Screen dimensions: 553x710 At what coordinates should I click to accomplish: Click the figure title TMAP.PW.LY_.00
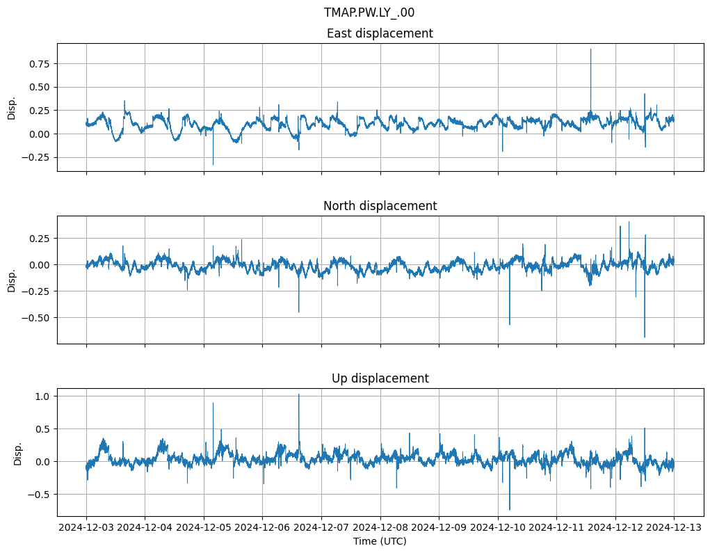tap(369, 13)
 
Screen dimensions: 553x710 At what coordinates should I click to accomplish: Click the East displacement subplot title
tap(380, 33)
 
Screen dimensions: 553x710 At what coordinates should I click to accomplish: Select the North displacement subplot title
tap(380, 206)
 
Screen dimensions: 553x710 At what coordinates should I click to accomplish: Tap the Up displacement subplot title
tap(380, 378)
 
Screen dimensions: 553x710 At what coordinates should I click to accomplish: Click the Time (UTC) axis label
tap(380, 540)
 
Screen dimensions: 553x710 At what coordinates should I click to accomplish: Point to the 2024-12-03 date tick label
tap(86, 527)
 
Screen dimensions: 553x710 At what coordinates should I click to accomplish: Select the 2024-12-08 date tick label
tap(380, 527)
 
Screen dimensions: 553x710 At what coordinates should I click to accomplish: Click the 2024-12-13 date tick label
tap(674, 527)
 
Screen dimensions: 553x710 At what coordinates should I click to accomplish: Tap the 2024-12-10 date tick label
tap(498, 527)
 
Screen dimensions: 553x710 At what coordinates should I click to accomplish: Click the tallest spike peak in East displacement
tap(590, 49)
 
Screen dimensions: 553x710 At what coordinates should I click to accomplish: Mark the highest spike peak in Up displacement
tap(299, 394)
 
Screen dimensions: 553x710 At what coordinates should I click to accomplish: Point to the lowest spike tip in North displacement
tap(645, 337)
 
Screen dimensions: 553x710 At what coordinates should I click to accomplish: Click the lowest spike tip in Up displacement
tap(510, 510)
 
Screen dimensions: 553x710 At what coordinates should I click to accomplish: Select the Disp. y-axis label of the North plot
tap(11, 280)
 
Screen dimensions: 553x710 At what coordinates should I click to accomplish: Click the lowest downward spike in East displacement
tap(213, 165)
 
